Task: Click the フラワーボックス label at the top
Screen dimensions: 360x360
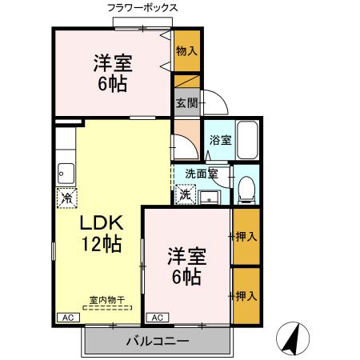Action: coord(142,8)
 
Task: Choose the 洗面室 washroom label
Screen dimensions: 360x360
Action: coord(200,173)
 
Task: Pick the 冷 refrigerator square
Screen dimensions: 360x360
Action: coord(66,196)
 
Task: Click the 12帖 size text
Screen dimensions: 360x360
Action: coord(100,245)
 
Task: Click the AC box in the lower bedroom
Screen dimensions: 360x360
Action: coord(158,318)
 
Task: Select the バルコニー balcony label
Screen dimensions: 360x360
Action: coord(157,342)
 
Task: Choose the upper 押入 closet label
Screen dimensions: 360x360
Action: coord(246,236)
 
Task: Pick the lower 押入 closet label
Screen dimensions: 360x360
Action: coord(246,296)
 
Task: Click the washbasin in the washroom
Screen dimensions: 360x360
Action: coord(210,195)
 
